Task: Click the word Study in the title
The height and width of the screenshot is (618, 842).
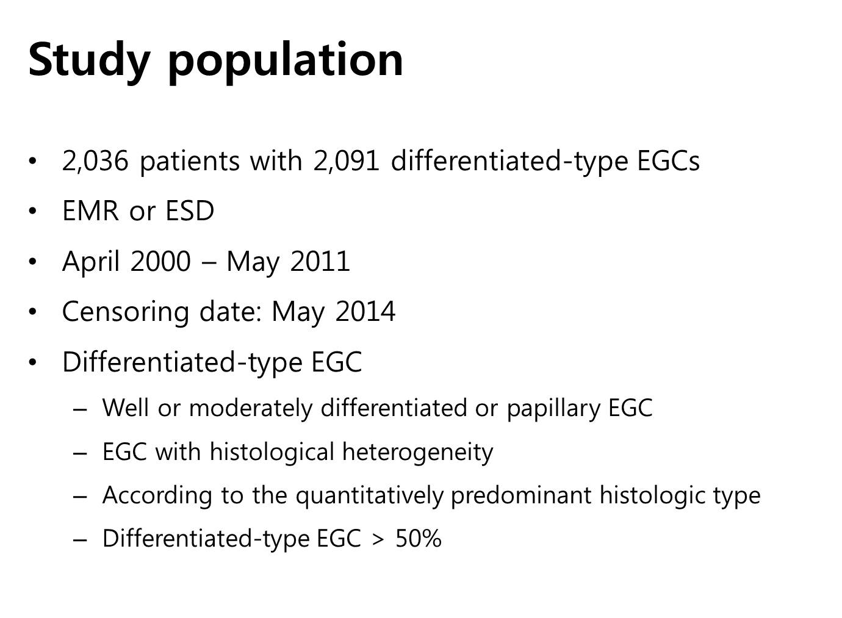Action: point(90,61)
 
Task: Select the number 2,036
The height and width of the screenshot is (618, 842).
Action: point(95,161)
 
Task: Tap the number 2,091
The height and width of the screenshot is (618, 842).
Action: point(346,161)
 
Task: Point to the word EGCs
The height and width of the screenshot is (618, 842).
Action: point(668,161)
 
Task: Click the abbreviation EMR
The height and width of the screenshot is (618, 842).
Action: point(90,210)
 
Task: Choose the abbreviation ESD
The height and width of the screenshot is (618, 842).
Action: point(189,210)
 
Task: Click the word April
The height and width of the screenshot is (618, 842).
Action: point(91,262)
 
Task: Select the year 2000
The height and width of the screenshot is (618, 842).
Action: point(161,261)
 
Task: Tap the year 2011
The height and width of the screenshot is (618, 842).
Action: point(320,261)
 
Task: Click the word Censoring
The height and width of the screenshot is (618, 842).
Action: point(125,312)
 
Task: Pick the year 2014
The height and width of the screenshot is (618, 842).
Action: point(365,311)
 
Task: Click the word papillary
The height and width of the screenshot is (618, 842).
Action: point(553,409)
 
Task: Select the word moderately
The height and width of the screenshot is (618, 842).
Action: point(251,409)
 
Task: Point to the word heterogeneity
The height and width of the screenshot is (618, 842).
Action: point(417,452)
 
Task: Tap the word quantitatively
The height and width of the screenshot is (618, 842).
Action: point(370,496)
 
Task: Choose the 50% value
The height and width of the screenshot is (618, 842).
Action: point(419,539)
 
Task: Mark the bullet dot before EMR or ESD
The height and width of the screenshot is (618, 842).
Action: point(33,211)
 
